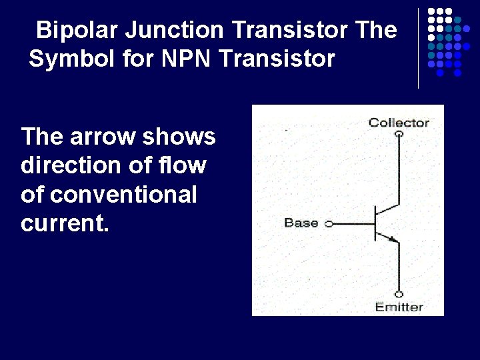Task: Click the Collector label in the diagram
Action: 399,122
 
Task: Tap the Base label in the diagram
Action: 301,223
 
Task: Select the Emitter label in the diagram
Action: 399,307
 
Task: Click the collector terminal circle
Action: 399,134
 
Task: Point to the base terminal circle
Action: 328,224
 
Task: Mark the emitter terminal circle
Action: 399,294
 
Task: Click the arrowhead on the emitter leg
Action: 391,237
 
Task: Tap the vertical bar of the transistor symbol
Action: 375,224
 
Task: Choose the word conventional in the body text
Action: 123,195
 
